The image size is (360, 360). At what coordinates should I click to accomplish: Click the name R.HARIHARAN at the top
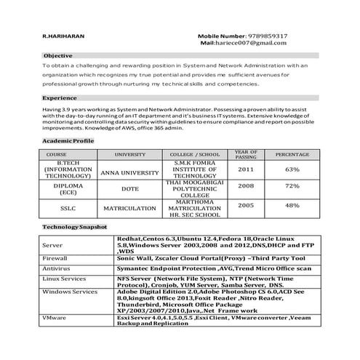pos(65,36)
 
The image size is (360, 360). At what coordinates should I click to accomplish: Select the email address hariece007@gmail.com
pos(254,44)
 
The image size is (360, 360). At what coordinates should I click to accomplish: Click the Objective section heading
pos(57,55)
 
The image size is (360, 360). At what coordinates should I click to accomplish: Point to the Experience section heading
pos(60,97)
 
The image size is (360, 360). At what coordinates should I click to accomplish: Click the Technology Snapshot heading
pos(75,228)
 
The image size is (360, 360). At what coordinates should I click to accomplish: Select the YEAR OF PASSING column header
pos(246,154)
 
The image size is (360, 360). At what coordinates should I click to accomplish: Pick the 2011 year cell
pos(246,169)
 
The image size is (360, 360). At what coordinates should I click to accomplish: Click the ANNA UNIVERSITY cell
pos(129,172)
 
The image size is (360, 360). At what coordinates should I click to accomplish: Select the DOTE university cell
pos(129,188)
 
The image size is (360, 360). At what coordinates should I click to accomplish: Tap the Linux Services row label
pos(65,279)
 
